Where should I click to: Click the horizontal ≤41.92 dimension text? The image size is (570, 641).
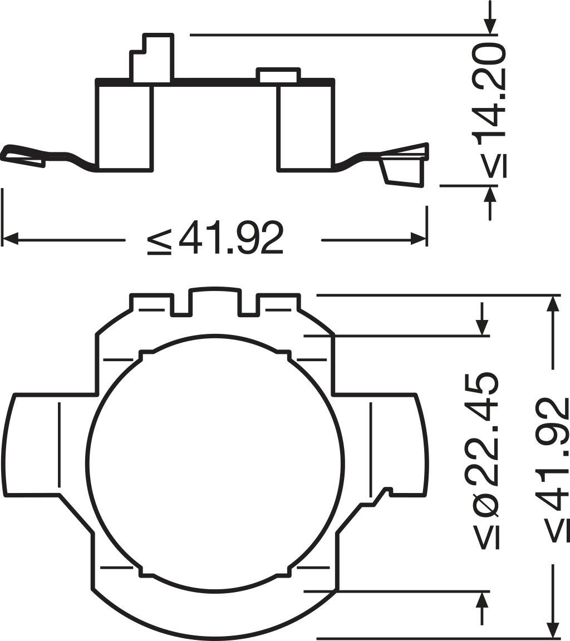coord(216,238)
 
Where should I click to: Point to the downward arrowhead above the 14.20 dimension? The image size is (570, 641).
coord(490,27)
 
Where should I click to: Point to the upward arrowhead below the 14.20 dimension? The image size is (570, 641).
coord(490,194)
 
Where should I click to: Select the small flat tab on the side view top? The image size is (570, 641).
coord(278,75)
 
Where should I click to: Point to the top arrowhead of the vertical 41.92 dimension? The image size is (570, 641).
coord(552,303)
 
